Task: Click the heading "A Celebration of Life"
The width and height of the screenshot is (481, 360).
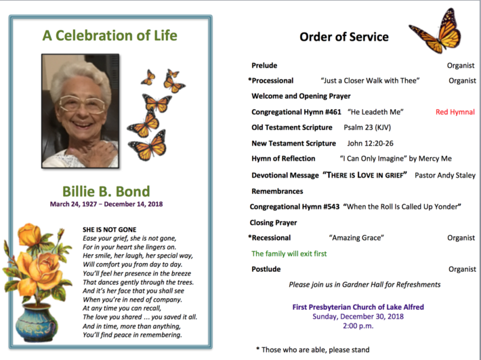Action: tap(110, 35)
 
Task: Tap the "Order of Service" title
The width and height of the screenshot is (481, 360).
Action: tap(344, 37)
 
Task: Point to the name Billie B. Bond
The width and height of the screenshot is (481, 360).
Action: tap(106, 191)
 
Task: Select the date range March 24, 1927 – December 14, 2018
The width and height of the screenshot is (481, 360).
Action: tap(106, 204)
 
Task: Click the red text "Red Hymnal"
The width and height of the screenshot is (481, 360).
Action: tap(455, 112)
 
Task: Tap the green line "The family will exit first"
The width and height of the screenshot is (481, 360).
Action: tap(289, 254)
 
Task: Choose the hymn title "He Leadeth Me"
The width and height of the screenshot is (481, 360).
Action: tap(375, 112)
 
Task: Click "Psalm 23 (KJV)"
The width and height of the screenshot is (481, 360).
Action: tap(367, 127)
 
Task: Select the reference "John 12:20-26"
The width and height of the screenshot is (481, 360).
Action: tap(371, 143)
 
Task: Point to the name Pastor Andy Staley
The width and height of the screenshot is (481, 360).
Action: tap(445, 175)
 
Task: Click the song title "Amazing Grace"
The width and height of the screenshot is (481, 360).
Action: tap(356, 238)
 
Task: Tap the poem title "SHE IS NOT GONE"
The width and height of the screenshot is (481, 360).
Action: tap(110, 230)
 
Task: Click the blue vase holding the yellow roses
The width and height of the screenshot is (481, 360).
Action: tap(37, 322)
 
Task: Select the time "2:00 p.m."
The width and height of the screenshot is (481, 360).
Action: tap(358, 326)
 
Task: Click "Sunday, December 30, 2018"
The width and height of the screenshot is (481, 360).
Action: tap(358, 317)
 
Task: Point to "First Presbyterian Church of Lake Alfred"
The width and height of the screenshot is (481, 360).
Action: tap(358, 307)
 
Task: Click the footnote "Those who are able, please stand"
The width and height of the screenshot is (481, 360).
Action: tap(315, 350)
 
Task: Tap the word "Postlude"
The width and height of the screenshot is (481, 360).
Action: tap(266, 269)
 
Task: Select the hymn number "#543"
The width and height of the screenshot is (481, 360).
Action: tap(331, 207)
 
